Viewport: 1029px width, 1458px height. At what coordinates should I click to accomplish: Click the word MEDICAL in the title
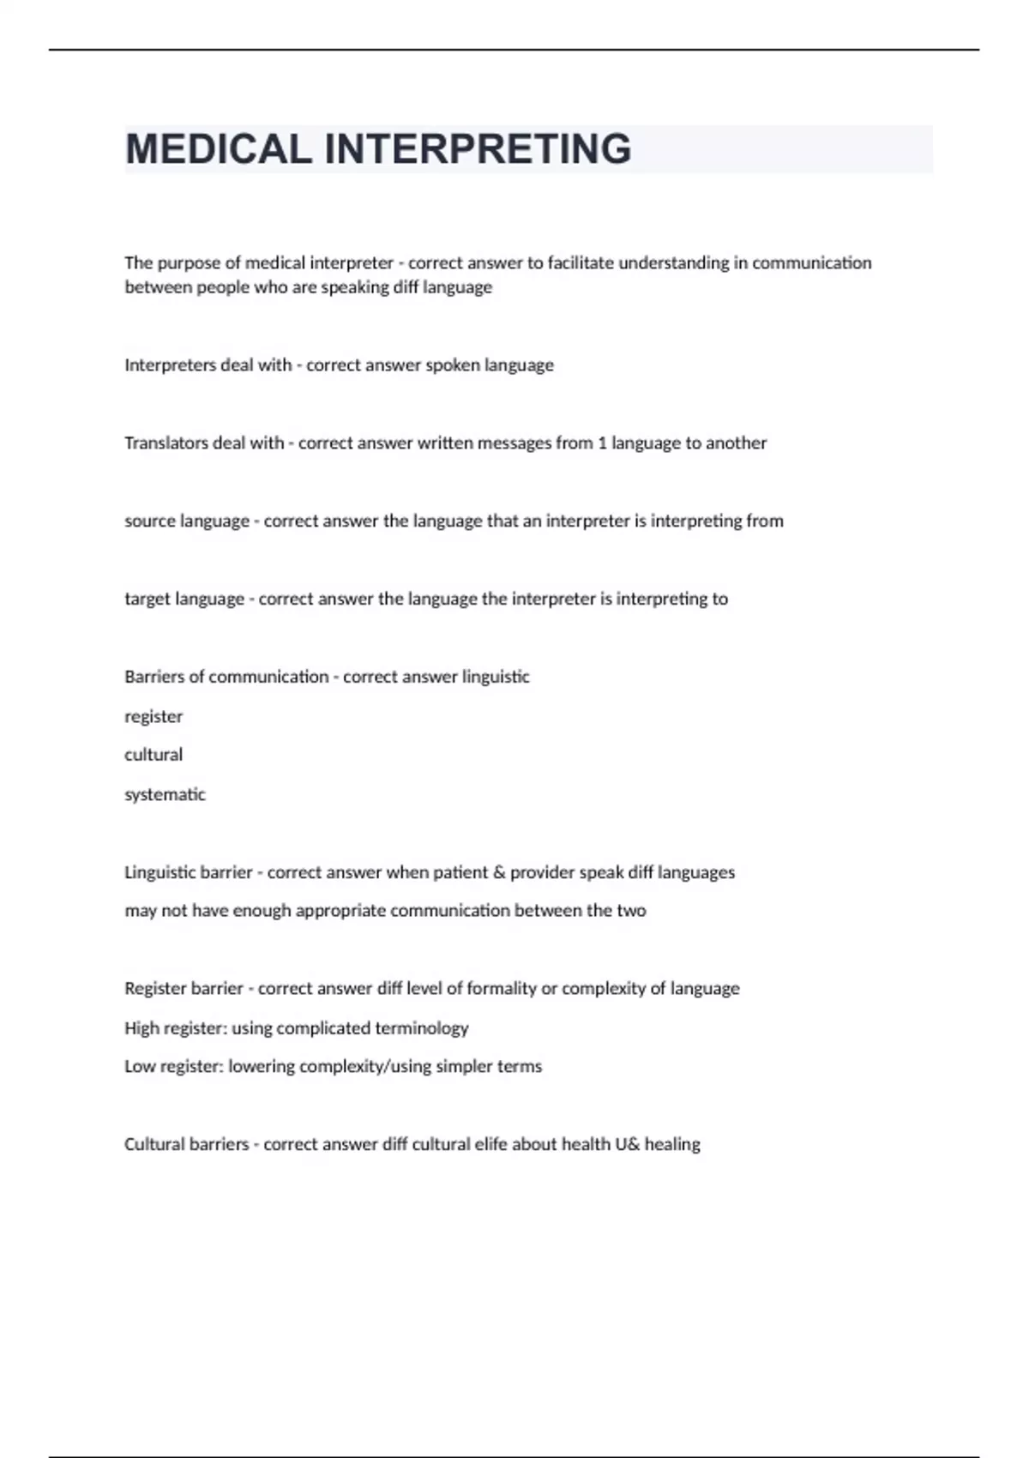click(x=219, y=149)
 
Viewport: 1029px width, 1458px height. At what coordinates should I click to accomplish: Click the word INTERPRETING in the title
click(x=478, y=149)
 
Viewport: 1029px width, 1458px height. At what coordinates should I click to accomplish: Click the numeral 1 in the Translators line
click(x=602, y=443)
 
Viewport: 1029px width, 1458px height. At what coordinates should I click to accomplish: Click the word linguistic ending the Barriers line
click(x=496, y=677)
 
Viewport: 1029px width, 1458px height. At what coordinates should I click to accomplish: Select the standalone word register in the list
click(x=153, y=717)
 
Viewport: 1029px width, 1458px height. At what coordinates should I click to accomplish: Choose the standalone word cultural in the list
click(x=153, y=755)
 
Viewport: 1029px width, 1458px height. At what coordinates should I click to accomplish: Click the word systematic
click(x=165, y=795)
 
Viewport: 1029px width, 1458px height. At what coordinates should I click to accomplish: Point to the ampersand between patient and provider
click(x=499, y=872)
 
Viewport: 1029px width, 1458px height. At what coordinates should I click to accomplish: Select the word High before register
click(x=141, y=1028)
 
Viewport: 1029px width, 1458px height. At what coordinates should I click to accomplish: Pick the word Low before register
click(x=139, y=1067)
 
